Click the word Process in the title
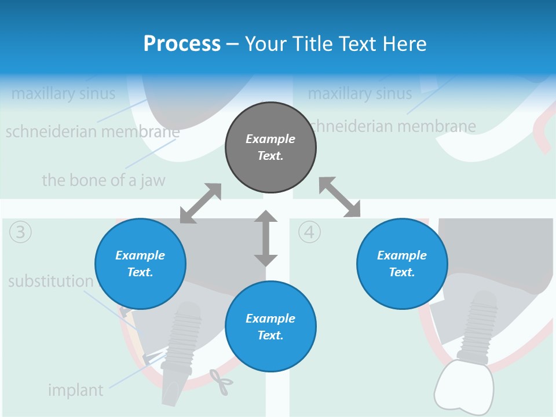182,43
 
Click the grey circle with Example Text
270,147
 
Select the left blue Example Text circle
140,264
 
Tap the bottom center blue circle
270,327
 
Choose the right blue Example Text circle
402,264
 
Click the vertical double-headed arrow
266,238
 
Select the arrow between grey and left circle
200,203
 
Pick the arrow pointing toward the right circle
340,197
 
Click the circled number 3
20,232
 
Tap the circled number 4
309,232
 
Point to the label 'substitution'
50,281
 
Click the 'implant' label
75,390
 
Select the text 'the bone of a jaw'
103,180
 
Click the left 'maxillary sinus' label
63,93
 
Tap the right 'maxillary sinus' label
360,93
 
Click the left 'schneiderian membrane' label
93,132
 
